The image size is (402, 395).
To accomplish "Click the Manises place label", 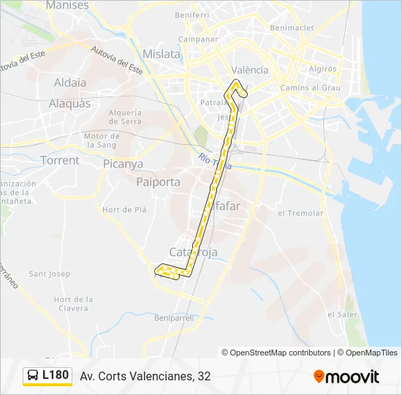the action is pos(67,5).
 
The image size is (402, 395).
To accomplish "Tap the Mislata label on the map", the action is pos(162,53).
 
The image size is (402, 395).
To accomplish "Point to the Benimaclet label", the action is pos(291,27).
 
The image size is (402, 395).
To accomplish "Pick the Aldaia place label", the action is pos(70,83).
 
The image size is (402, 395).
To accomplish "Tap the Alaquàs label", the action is pos(69,103).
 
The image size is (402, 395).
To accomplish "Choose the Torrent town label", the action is pos(60,160).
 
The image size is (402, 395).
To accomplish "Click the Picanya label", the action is pos(123,164).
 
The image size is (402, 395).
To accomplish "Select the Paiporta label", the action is pos(158,181).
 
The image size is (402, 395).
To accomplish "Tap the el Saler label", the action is pos(341,314).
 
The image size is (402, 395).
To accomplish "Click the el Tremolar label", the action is pos(300,213).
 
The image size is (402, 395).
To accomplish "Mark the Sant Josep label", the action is pos(49,274).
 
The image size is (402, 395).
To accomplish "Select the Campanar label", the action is pos(199,39).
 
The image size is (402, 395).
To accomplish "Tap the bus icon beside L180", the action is pos(34,376).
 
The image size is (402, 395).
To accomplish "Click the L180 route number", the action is pos(56,375).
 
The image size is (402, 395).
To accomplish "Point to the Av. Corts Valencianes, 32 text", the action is pos(145,376).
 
